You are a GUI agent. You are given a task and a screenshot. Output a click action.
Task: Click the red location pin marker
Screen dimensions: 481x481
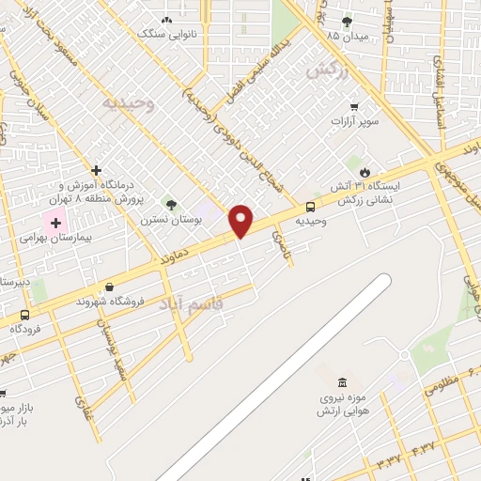(x=240, y=222)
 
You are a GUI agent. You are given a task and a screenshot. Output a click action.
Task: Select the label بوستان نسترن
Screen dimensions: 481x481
(x=172, y=219)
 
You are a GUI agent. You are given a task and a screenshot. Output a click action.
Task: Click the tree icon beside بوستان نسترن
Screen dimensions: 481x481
(x=171, y=205)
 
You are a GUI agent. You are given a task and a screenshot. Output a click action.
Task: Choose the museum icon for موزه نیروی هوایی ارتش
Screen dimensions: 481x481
(x=341, y=382)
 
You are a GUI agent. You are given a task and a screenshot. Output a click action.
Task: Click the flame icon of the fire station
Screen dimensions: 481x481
(x=364, y=172)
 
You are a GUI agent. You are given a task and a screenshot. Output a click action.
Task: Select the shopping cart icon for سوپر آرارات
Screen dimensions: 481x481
(x=354, y=107)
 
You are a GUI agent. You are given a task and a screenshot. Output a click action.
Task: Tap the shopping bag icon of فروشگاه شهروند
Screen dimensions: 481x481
(x=110, y=287)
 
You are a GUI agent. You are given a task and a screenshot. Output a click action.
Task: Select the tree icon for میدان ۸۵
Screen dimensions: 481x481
(x=347, y=22)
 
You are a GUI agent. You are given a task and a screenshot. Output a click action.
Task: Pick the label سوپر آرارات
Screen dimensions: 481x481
(x=354, y=121)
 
